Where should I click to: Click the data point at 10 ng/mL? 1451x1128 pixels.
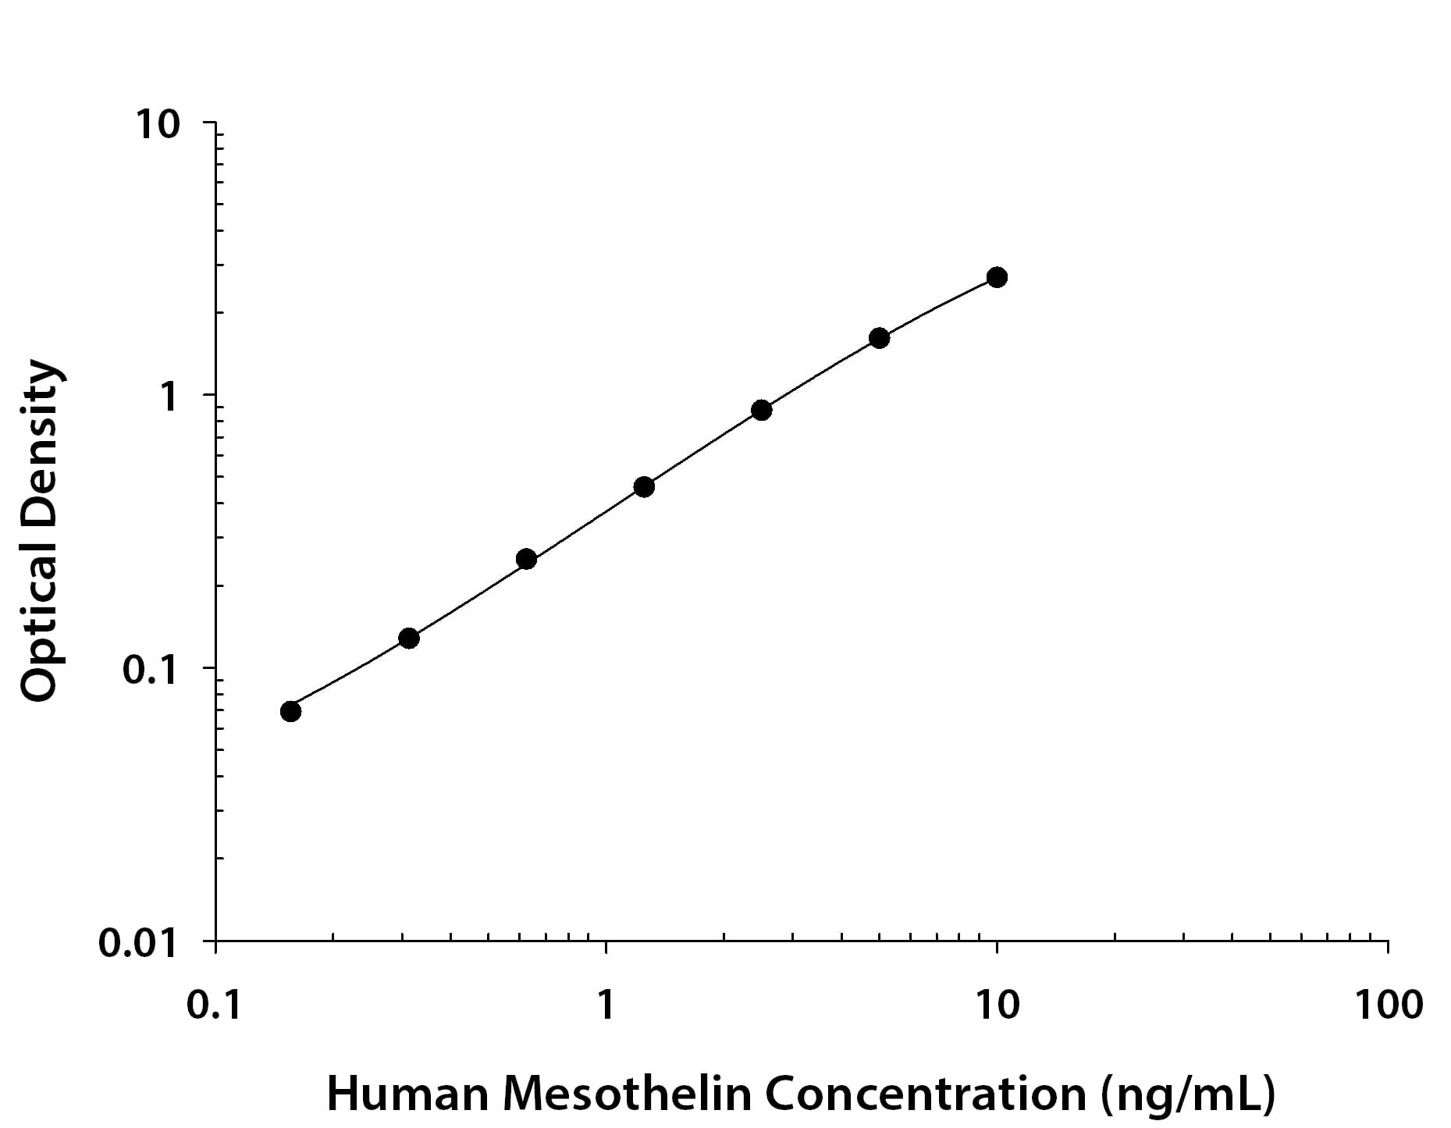point(997,277)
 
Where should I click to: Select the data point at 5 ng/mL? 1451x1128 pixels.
point(879,338)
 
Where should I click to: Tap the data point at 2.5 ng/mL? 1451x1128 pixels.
point(762,410)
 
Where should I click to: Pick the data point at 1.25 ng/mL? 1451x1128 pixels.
point(644,487)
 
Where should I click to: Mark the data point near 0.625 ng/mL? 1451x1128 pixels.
point(526,559)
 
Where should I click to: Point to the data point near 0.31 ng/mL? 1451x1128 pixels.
point(409,638)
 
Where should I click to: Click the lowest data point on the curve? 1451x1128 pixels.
point(290,711)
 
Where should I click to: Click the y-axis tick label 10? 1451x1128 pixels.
point(158,125)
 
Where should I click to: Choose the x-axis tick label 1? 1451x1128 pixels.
point(606,1005)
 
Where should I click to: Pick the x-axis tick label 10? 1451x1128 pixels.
point(997,1005)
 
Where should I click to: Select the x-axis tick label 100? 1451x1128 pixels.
point(1389,1005)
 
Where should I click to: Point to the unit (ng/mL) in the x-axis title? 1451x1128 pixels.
point(1188,1095)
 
